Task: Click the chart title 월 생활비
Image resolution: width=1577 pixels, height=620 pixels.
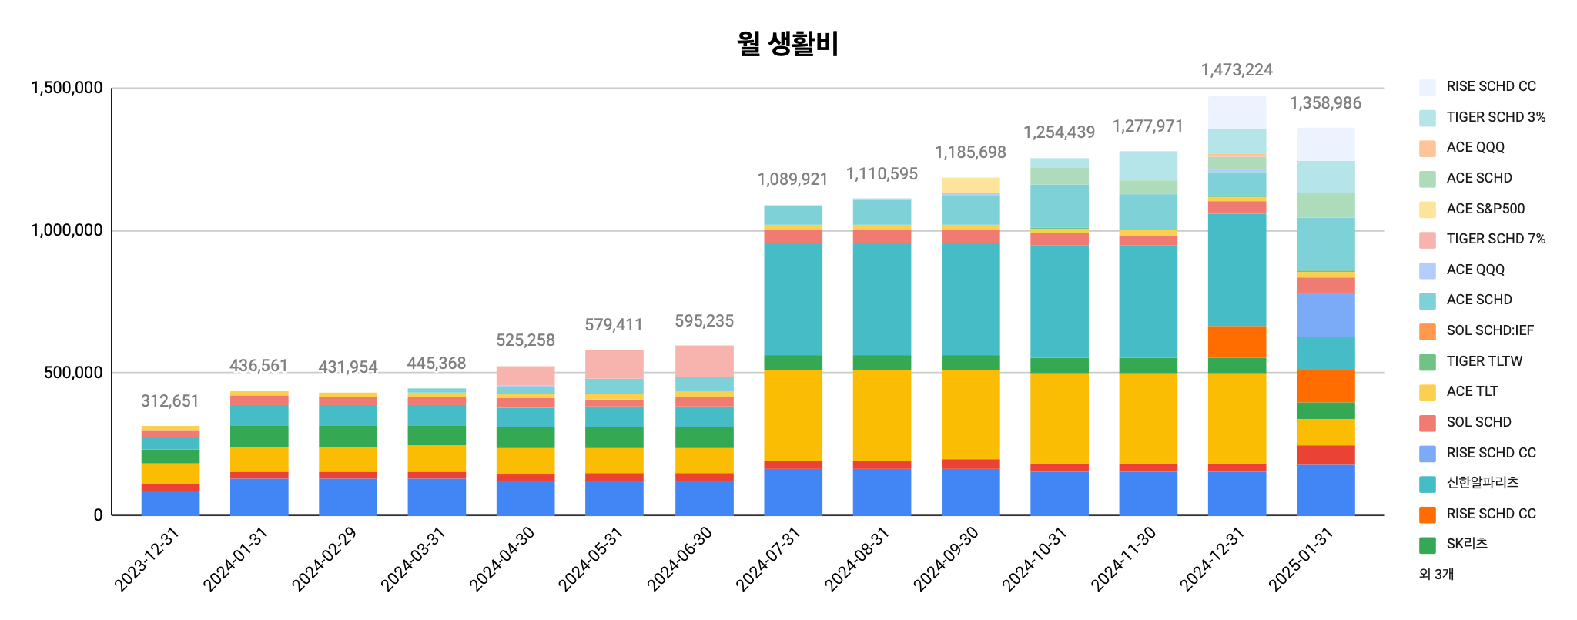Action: pyautogui.click(x=787, y=43)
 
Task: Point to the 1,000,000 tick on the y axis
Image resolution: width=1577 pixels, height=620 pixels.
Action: pyautogui.click(x=66, y=230)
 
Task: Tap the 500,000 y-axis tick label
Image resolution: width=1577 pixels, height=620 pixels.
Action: pyautogui.click(x=73, y=373)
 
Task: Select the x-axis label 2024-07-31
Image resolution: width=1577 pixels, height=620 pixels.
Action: pyautogui.click(x=768, y=559)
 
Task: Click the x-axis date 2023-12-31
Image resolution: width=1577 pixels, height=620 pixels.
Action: pyautogui.click(x=147, y=559)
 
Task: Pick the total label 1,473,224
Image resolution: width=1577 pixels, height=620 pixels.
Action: pyautogui.click(x=1237, y=70)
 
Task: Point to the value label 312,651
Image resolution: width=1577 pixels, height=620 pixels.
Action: pyautogui.click(x=169, y=401)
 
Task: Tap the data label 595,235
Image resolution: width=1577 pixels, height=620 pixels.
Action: pyautogui.click(x=704, y=321)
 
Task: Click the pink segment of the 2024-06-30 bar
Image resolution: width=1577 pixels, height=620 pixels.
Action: pyautogui.click(x=704, y=361)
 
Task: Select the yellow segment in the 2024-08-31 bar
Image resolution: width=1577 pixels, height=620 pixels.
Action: pyautogui.click(x=882, y=415)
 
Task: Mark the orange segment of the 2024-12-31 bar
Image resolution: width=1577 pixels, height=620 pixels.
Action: pyautogui.click(x=1237, y=342)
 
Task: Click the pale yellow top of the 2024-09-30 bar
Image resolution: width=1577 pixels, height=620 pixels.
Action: pyautogui.click(x=970, y=185)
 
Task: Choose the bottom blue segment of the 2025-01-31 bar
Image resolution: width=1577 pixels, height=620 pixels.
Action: pyautogui.click(x=1325, y=490)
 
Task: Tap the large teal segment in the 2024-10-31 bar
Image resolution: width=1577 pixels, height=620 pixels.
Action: pyautogui.click(x=1059, y=302)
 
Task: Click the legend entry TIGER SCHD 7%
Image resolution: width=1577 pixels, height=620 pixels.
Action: pyautogui.click(x=1495, y=239)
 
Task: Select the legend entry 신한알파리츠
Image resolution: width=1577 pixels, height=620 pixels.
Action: pyautogui.click(x=1482, y=483)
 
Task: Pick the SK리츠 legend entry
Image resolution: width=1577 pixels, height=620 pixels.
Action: pyautogui.click(x=1466, y=544)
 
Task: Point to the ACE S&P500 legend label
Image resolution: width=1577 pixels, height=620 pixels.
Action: pyautogui.click(x=1485, y=209)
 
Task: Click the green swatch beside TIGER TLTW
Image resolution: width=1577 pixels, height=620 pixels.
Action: pyautogui.click(x=1428, y=362)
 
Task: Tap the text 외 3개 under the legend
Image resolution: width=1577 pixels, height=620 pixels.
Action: pyautogui.click(x=1436, y=574)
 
